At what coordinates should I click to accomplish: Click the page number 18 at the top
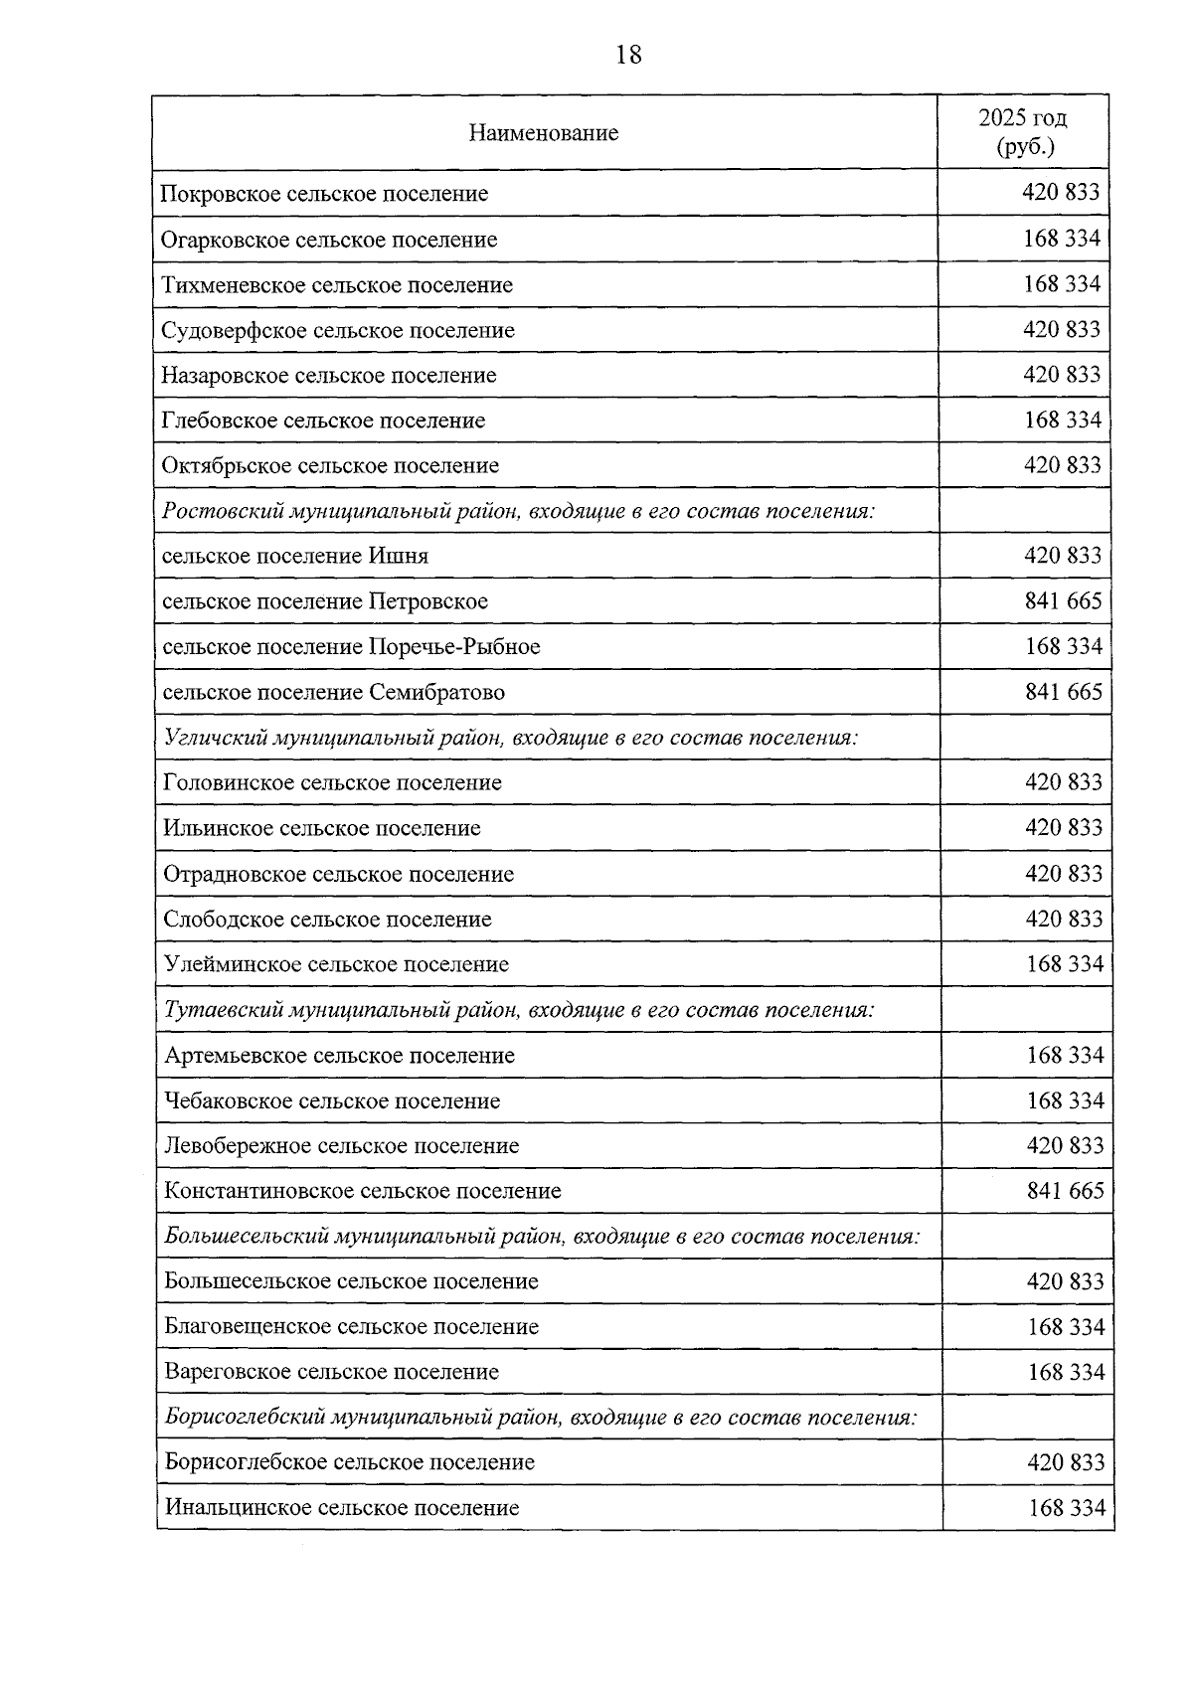tap(629, 55)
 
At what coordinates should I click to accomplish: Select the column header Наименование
tap(544, 133)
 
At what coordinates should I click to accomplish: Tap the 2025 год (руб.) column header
tap(1023, 132)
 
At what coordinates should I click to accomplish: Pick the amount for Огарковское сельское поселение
tap(1062, 239)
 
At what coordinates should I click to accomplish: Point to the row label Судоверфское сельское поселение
tap(338, 330)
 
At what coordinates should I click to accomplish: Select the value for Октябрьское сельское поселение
tap(1063, 465)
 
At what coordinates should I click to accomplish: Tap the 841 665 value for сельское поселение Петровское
tap(1064, 600)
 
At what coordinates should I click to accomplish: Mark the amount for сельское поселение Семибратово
tap(1064, 691)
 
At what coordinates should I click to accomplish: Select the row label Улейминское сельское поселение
tap(336, 964)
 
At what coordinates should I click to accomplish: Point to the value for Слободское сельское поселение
tap(1064, 919)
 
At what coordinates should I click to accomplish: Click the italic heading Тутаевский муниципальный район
tap(519, 1010)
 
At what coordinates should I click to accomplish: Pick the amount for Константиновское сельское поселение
tap(1065, 1190)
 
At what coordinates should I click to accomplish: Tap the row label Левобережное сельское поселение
tap(342, 1146)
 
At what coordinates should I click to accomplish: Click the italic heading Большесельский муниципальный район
tap(542, 1237)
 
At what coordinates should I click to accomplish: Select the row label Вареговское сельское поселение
tap(332, 1372)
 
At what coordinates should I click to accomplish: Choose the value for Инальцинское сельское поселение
tap(1067, 1508)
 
